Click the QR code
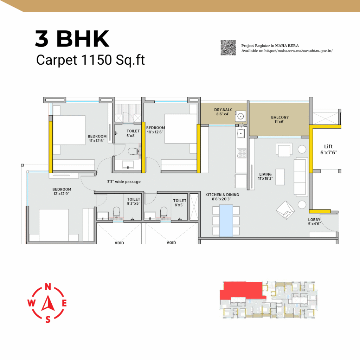click(228, 48)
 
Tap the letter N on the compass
click(48, 287)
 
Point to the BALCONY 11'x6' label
click(279, 120)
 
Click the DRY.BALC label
click(223, 110)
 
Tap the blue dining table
click(226, 221)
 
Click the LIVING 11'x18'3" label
click(265, 176)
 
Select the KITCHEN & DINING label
click(222, 195)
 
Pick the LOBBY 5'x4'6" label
click(314, 222)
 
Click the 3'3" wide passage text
click(124, 182)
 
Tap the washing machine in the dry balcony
click(240, 116)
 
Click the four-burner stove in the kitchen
click(242, 153)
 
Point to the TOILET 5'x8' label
click(133, 133)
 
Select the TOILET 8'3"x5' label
click(133, 201)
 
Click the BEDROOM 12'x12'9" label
click(62, 192)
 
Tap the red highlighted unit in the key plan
click(241, 290)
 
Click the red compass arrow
click(48, 303)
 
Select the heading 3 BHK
click(72, 39)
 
